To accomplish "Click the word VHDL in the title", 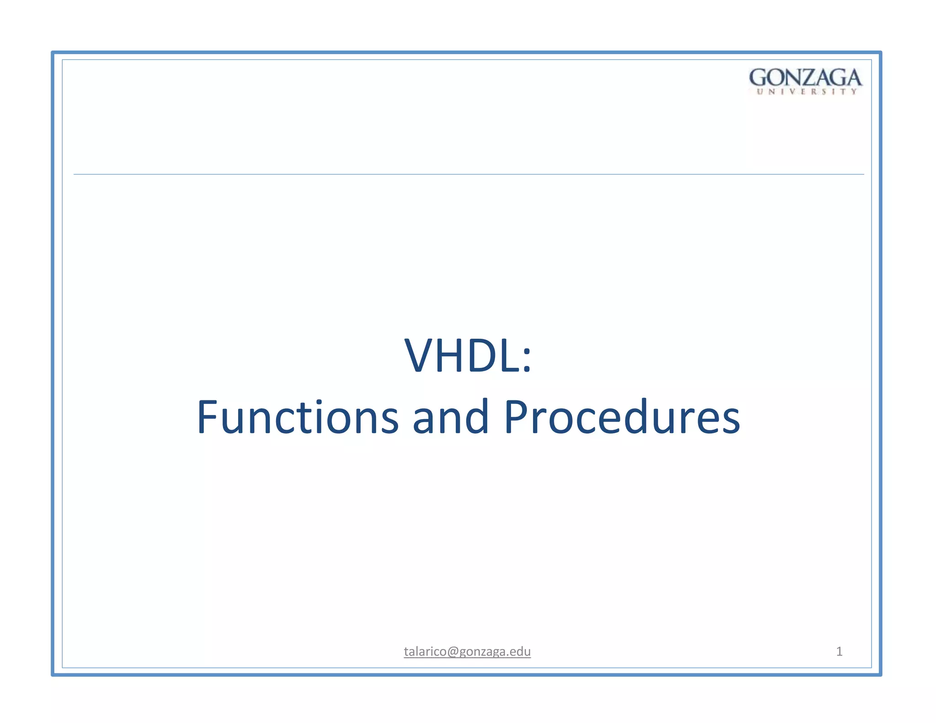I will coord(462,356).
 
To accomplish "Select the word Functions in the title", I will coord(298,417).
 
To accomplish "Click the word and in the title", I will coord(450,417).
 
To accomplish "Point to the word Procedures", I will coord(621,417).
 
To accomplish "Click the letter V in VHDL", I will coord(420,356).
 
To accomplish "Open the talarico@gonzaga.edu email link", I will coord(467,651).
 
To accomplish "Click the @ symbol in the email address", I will coord(452,652).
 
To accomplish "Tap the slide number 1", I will coord(839,651).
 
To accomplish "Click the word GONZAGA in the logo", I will coord(805,78).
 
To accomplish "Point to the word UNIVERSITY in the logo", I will coord(807,92).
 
